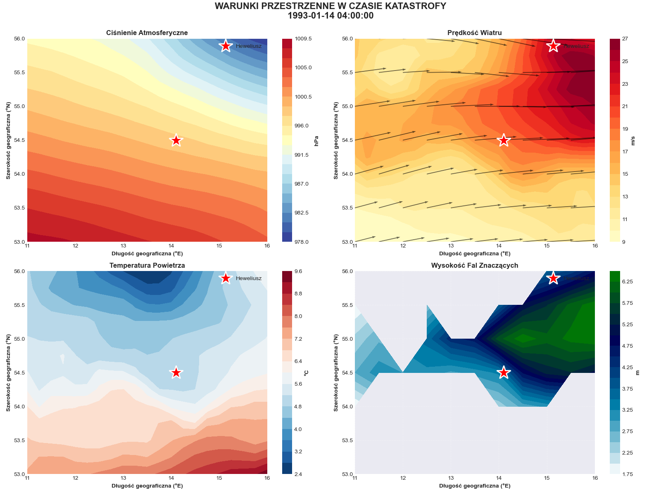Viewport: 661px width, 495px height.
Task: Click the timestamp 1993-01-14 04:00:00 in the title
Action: click(x=330, y=16)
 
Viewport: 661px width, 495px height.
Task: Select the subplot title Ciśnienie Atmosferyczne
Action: click(x=147, y=33)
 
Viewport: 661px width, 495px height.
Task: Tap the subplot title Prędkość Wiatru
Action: click(x=474, y=33)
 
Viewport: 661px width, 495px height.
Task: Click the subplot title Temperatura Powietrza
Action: click(x=147, y=266)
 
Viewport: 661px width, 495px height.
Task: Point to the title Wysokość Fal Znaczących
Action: click(x=474, y=266)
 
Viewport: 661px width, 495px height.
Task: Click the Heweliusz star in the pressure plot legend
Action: click(x=225, y=46)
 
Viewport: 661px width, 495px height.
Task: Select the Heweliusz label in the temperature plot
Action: click(x=248, y=278)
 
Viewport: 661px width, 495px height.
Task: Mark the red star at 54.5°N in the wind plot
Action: click(x=503, y=140)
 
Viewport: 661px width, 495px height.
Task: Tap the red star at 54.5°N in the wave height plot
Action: click(x=503, y=372)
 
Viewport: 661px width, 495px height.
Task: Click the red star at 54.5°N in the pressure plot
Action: click(x=176, y=140)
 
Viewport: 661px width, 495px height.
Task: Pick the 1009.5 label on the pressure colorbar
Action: click(x=303, y=39)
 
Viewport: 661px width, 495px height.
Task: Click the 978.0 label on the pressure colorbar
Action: click(x=303, y=242)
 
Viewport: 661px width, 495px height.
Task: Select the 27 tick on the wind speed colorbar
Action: click(x=625, y=39)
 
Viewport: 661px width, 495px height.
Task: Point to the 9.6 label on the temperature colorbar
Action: click(x=298, y=271)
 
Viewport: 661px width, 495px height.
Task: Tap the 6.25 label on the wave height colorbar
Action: click(x=628, y=282)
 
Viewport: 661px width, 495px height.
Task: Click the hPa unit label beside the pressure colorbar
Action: click(x=316, y=140)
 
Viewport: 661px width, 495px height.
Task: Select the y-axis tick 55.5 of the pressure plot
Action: click(x=19, y=73)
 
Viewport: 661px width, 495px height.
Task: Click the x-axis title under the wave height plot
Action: click(x=474, y=486)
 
